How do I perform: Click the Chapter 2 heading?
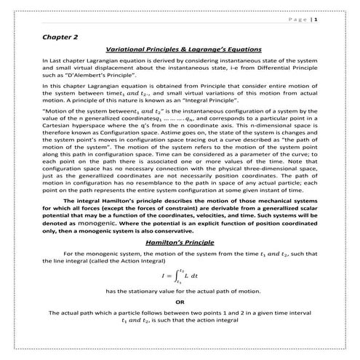[x=60, y=35]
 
